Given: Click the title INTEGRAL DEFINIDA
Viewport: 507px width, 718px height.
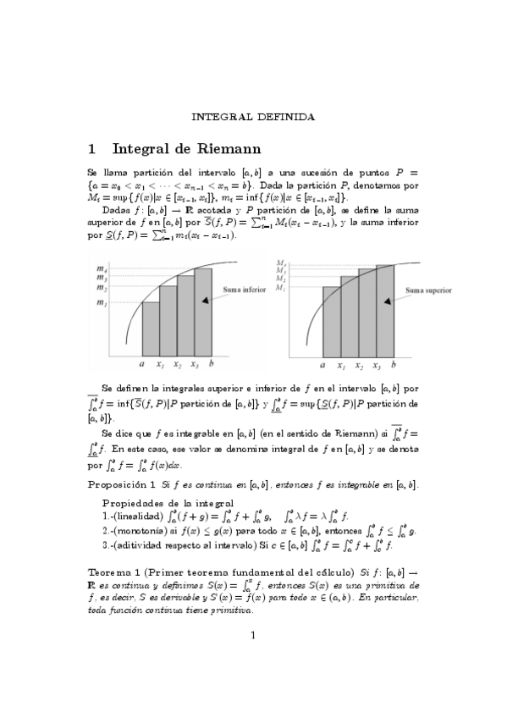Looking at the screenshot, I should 253,115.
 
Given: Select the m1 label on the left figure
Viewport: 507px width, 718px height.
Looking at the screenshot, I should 102,302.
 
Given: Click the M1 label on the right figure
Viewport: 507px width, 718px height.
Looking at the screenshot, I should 282,288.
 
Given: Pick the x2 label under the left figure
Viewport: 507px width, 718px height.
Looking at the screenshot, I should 177,365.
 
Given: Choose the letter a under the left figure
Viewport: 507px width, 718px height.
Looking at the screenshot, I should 141,365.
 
